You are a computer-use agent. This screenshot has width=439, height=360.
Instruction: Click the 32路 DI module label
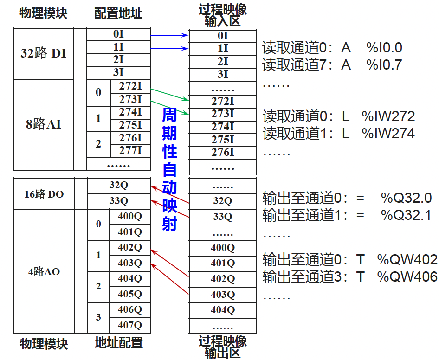(x=43, y=53)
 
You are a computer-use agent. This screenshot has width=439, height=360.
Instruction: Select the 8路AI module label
(x=43, y=124)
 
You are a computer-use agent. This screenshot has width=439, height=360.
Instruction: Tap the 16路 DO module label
(x=44, y=194)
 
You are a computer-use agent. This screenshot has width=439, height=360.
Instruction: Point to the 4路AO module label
(x=44, y=271)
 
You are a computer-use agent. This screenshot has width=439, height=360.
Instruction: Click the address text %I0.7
(x=384, y=64)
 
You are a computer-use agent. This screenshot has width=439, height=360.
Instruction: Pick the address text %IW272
(x=388, y=116)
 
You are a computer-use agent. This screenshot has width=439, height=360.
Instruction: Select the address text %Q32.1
(x=407, y=215)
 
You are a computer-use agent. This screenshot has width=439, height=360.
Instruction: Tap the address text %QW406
(x=407, y=277)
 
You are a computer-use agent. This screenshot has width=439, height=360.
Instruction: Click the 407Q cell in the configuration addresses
(x=129, y=325)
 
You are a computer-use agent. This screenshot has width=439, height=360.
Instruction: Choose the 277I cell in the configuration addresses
(x=130, y=150)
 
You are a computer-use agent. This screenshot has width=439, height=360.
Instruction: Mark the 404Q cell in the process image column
(x=223, y=309)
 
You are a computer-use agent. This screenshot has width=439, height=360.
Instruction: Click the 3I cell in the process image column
(x=223, y=74)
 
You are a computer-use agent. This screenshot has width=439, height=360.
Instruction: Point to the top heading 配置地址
(x=118, y=13)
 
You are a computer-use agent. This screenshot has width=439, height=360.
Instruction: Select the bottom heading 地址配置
(x=119, y=343)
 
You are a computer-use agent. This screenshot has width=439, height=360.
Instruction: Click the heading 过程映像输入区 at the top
(x=223, y=15)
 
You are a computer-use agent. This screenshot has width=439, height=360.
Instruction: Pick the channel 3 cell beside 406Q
(x=98, y=317)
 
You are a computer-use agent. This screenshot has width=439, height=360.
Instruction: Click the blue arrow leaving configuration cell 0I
(x=169, y=35)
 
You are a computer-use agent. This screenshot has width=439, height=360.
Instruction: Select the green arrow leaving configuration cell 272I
(x=169, y=94)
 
